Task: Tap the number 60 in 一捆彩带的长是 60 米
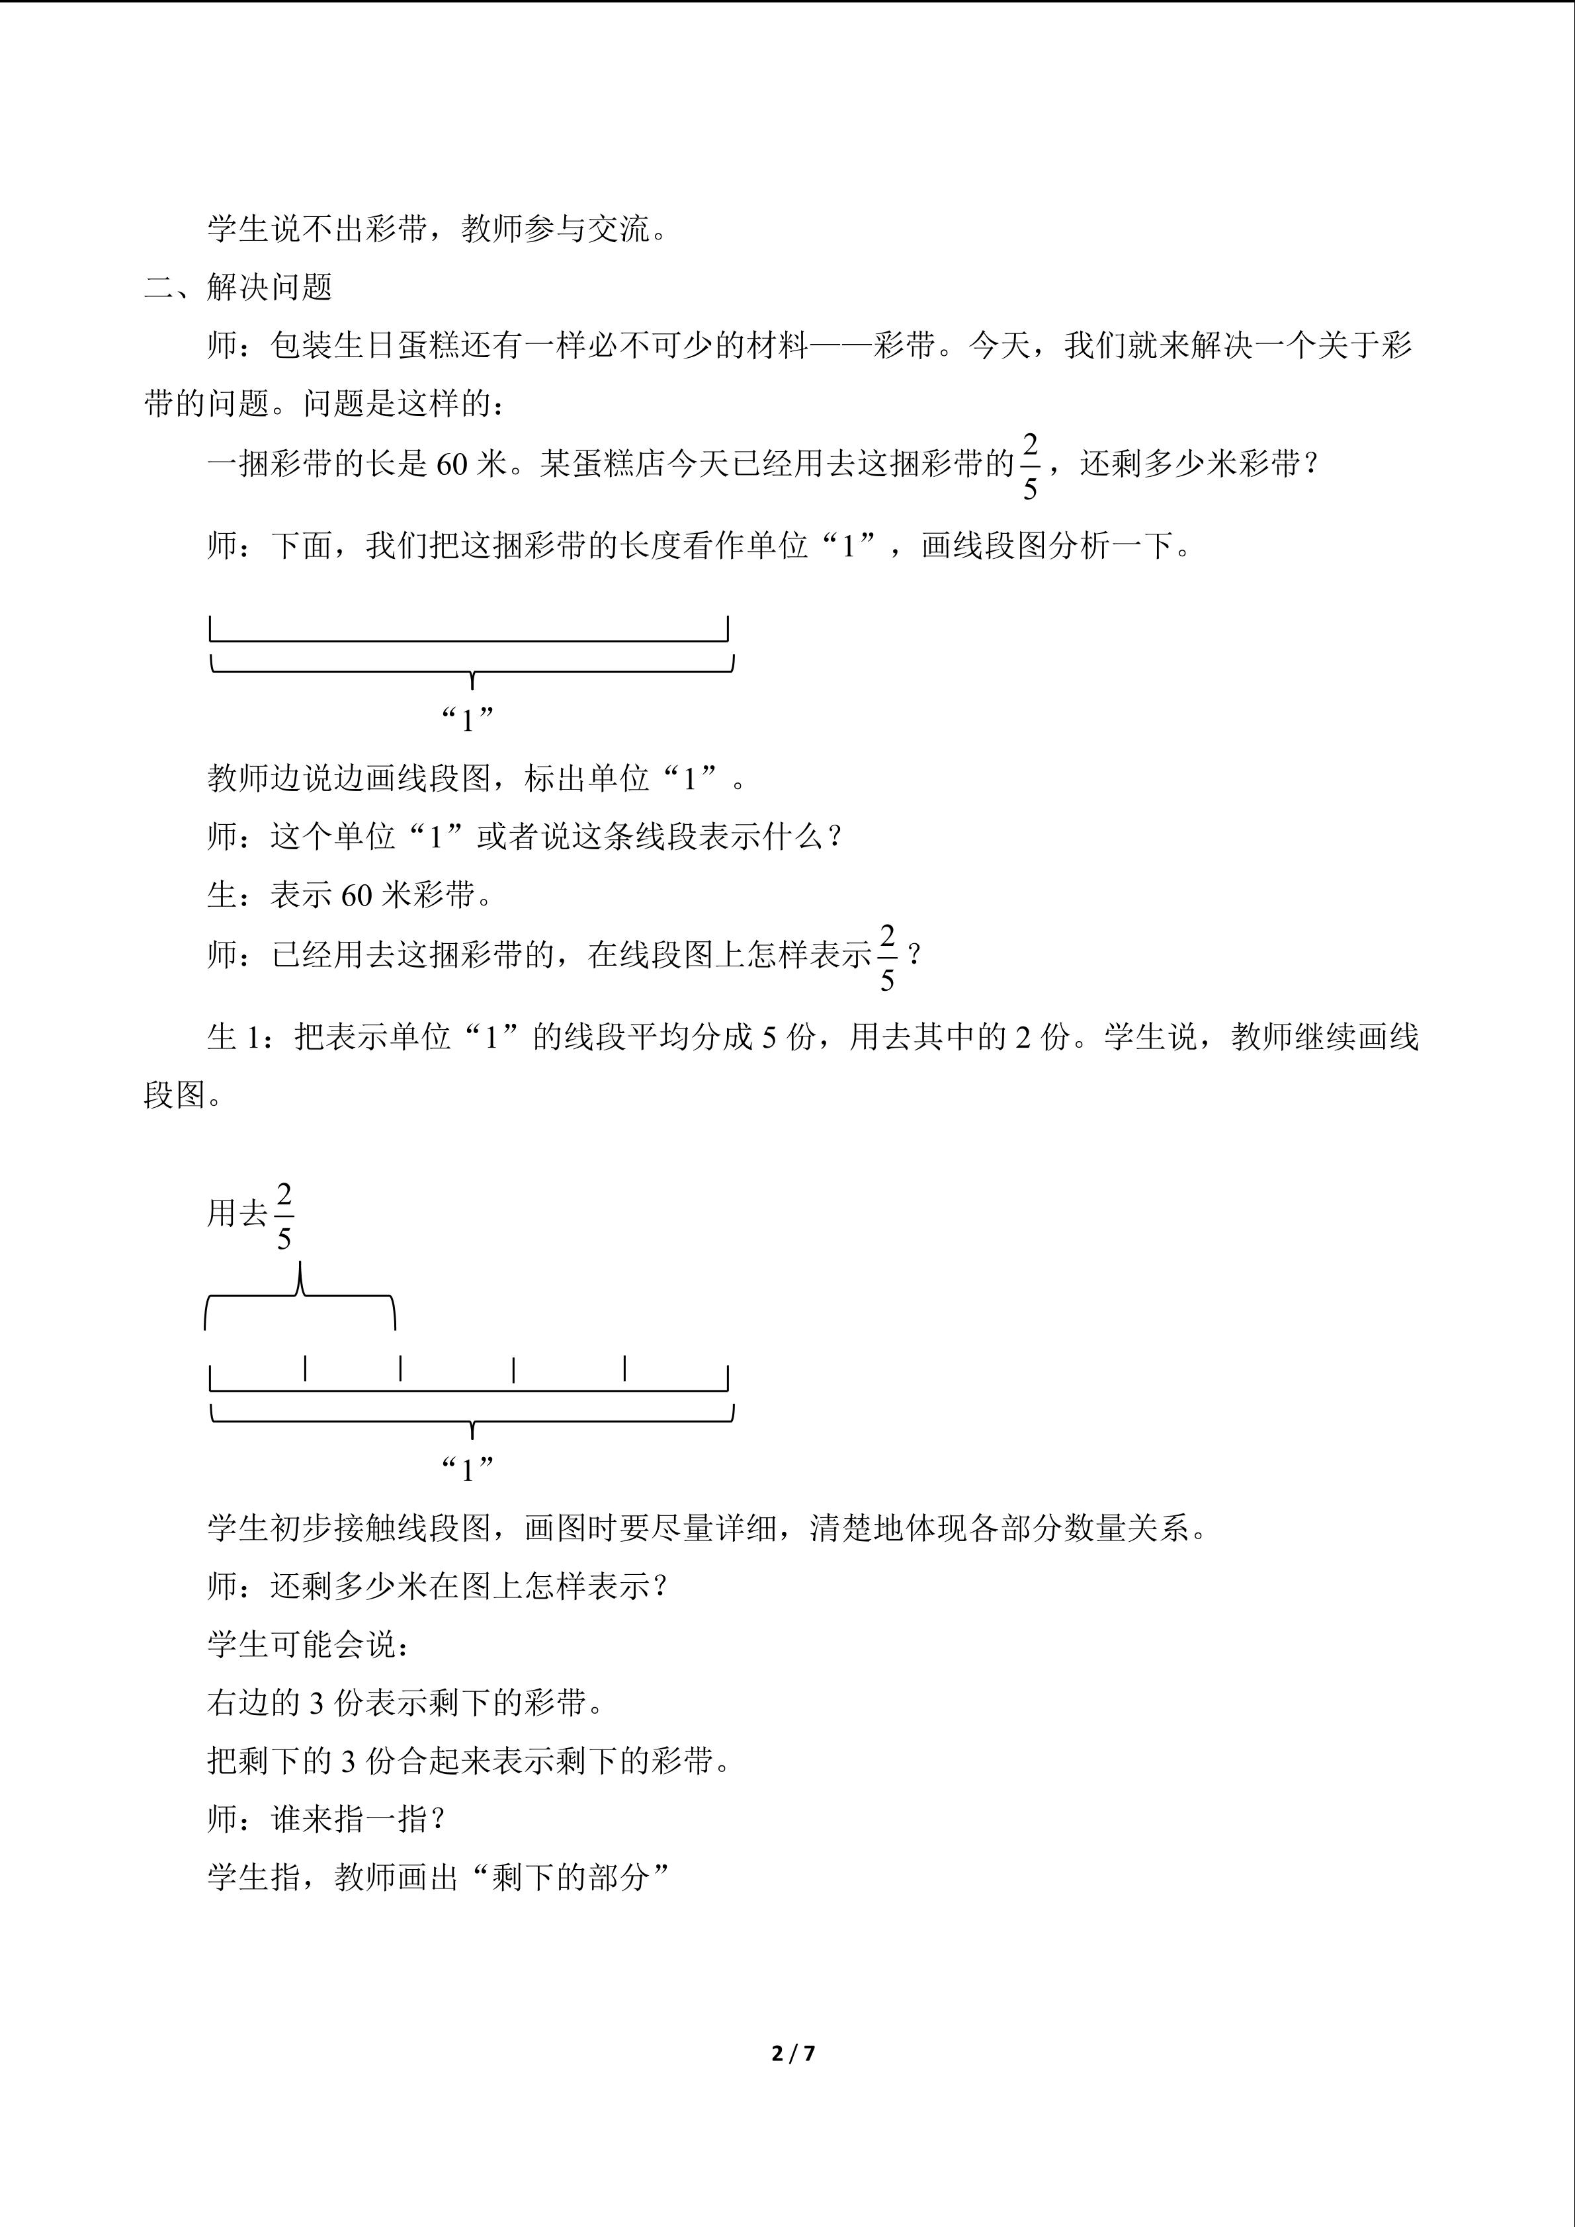(x=452, y=464)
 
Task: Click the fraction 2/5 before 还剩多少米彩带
(x=1029, y=466)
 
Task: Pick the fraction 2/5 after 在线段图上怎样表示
(x=886, y=957)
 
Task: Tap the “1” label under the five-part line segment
(x=468, y=1470)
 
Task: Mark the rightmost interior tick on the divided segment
(x=624, y=1368)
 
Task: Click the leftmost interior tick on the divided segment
(x=306, y=1368)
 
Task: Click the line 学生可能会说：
(x=310, y=1645)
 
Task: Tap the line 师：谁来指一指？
(x=327, y=1820)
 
